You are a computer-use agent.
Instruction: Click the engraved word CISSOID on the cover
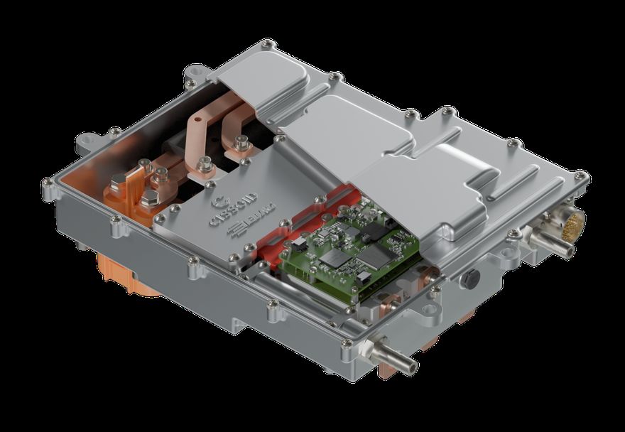tap(225, 214)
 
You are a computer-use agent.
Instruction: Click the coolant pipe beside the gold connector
tap(560, 246)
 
